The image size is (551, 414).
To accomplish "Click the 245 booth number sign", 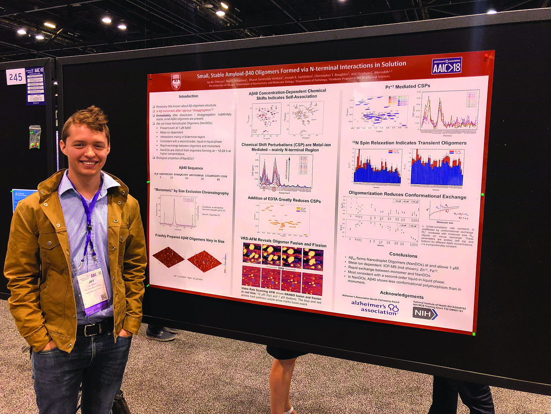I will [x=15, y=77].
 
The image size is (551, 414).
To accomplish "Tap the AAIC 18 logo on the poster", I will [x=446, y=66].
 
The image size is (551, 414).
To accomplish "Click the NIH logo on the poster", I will [x=424, y=314].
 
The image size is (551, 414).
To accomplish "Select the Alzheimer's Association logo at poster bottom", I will [x=375, y=307].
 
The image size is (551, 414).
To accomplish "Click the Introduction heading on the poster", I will [x=189, y=96].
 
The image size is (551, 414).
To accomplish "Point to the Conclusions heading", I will [x=403, y=255].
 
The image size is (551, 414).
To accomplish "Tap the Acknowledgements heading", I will [x=402, y=295].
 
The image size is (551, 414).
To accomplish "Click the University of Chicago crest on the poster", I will [x=176, y=81].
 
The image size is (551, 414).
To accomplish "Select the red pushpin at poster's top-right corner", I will [x=486, y=56].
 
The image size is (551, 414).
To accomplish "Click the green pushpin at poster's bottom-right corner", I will [x=474, y=334].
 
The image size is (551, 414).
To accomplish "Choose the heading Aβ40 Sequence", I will [x=191, y=168].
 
